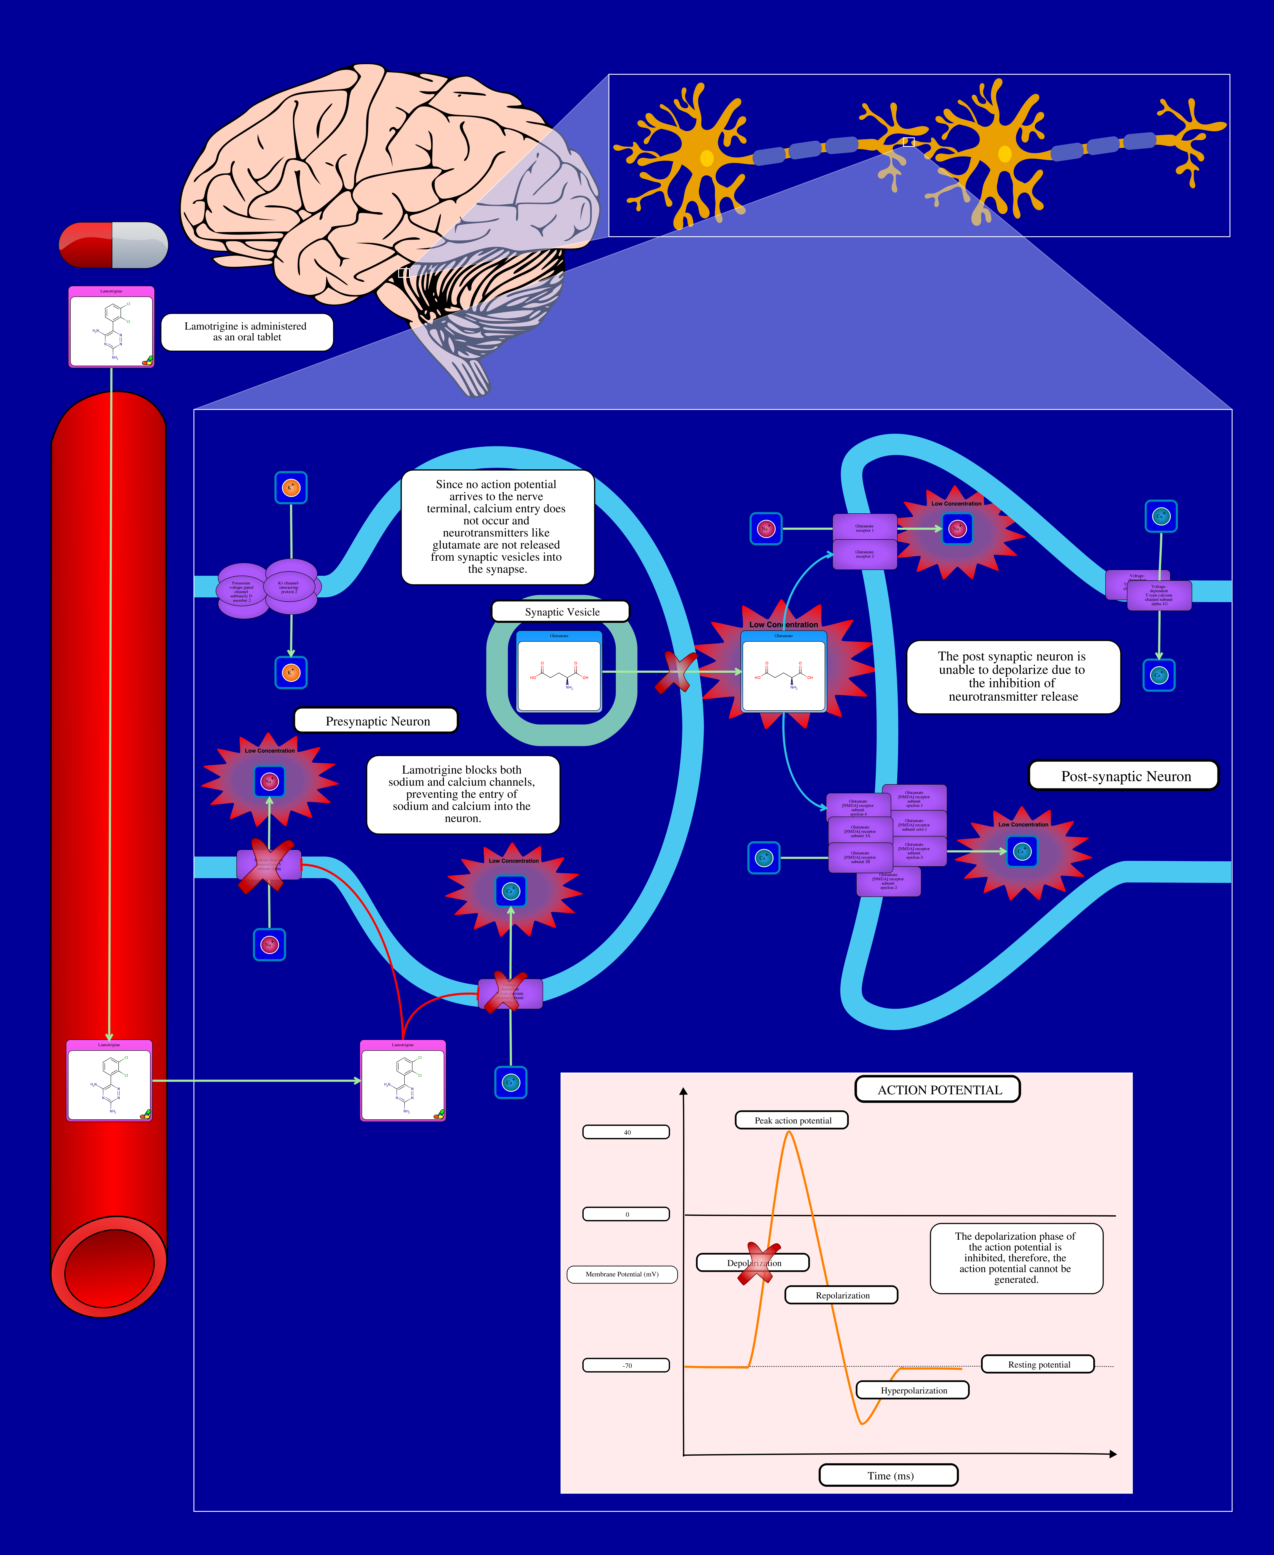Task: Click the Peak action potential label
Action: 792,1120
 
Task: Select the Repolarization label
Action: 842,1295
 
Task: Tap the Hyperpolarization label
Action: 913,1390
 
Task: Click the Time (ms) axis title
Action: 889,1475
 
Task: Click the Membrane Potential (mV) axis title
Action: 622,1274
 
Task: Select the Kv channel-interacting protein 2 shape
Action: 291,586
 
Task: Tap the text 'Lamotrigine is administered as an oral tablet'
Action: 247,332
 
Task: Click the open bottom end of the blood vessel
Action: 109,1266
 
